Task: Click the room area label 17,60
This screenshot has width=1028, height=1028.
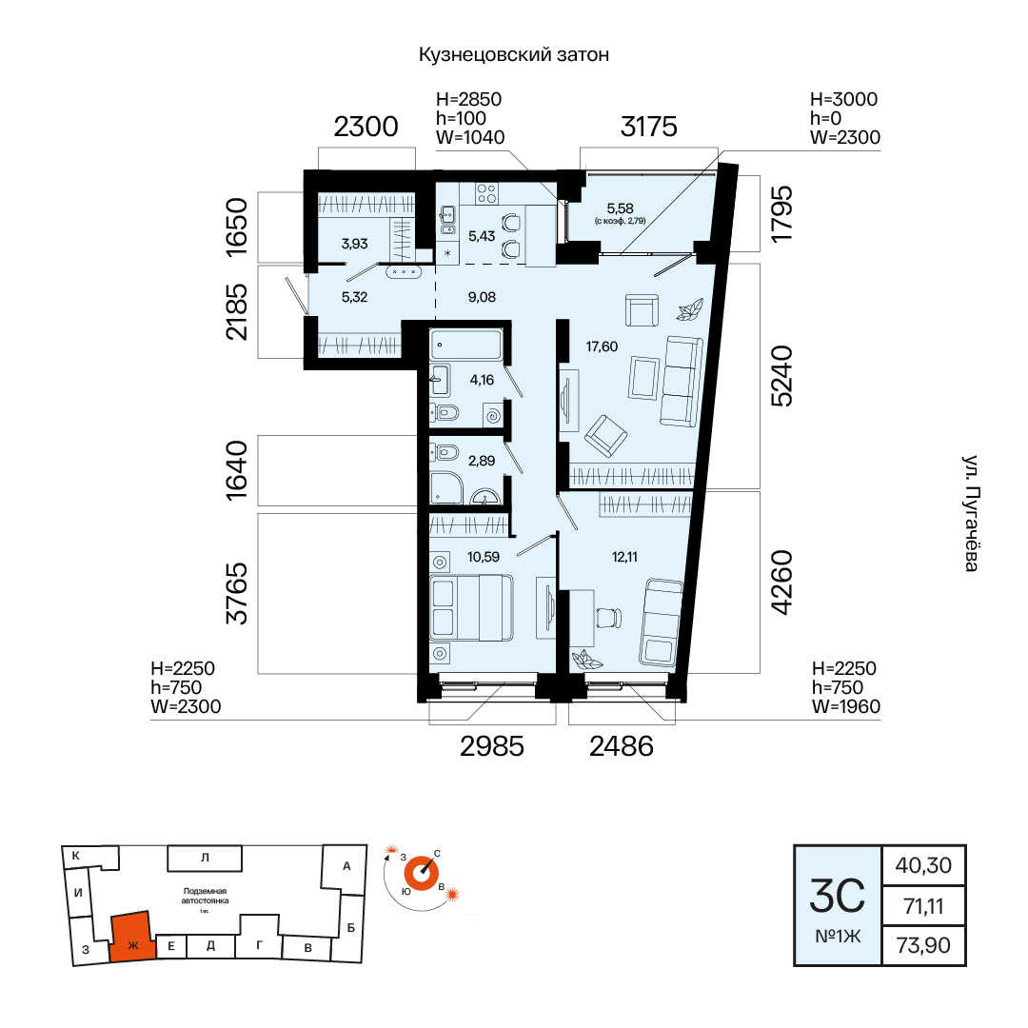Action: click(602, 346)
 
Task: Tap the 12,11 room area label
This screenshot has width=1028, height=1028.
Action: click(624, 557)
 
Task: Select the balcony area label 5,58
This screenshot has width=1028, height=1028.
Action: click(620, 208)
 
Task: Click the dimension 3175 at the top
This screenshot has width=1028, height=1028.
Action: click(648, 127)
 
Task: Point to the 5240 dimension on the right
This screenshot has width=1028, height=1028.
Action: click(782, 376)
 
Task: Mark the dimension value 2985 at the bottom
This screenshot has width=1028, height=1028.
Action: click(492, 746)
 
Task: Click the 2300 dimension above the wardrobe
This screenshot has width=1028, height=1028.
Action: click(366, 127)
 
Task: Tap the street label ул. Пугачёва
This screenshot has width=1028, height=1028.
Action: click(971, 513)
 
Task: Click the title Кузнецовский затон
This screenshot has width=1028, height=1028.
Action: click(514, 54)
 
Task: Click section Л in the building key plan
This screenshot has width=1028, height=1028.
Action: click(205, 858)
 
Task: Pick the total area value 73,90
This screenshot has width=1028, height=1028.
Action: click(923, 945)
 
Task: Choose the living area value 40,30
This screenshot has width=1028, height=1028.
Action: click(923, 865)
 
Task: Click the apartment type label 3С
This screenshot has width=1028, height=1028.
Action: click(838, 896)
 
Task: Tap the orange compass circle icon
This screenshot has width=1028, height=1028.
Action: click(421, 873)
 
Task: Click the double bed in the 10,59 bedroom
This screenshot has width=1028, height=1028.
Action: click(471, 607)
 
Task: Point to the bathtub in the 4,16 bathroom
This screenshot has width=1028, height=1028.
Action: click(466, 345)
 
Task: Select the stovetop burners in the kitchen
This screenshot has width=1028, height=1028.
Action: click(486, 192)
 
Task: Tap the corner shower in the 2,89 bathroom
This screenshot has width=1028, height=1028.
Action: click(445, 487)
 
